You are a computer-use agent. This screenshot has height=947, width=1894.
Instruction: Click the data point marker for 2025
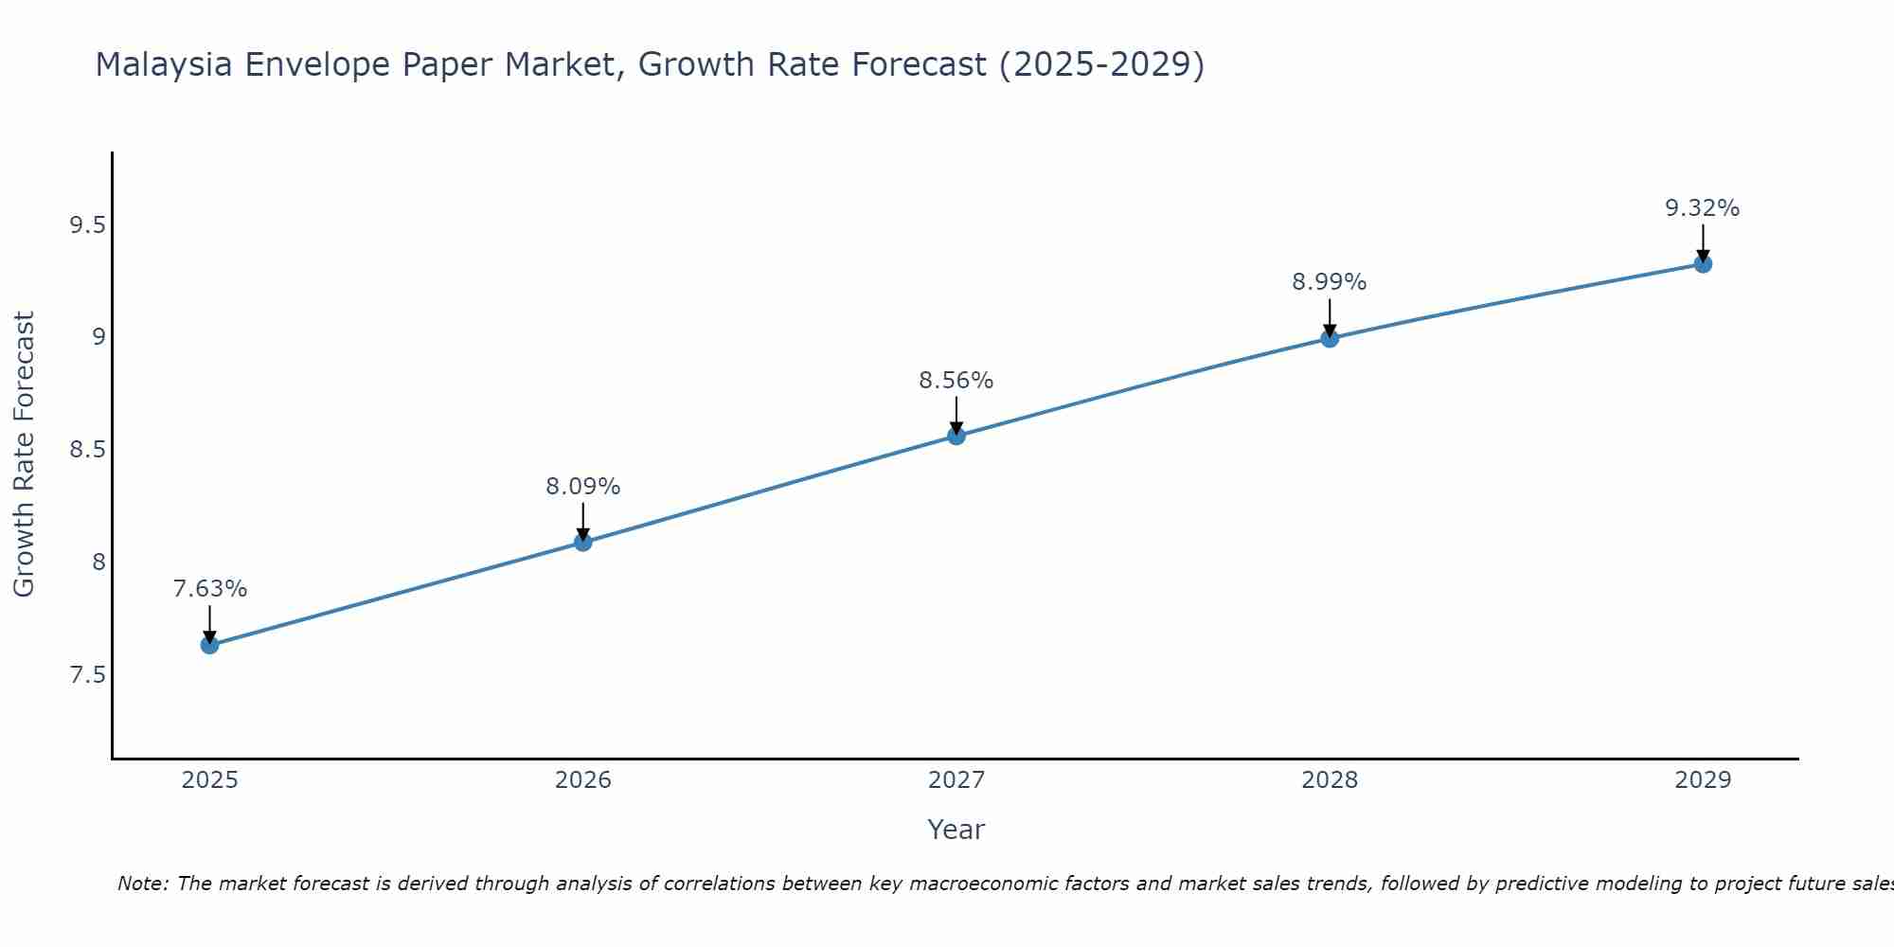click(x=209, y=645)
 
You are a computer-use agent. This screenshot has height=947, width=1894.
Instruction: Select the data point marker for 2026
click(x=583, y=542)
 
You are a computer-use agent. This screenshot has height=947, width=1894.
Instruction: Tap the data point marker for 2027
click(x=956, y=436)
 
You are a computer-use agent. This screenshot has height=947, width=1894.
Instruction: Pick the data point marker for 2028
click(x=1330, y=338)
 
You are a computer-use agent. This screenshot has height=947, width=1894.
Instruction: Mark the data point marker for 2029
click(x=1703, y=264)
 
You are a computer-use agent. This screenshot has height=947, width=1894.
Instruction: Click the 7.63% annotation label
click(x=209, y=589)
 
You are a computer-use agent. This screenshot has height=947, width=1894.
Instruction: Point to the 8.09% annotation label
click(x=583, y=487)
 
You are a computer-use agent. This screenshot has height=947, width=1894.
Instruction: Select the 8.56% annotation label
click(x=956, y=381)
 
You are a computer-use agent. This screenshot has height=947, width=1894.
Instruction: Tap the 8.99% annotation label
click(x=1330, y=282)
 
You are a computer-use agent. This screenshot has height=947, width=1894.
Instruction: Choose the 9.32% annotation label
click(x=1703, y=208)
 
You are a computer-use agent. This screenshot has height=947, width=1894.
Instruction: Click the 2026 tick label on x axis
click(x=583, y=780)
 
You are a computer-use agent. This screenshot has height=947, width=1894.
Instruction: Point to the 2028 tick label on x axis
click(x=1330, y=780)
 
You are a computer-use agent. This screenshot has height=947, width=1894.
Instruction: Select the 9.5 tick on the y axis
click(x=87, y=225)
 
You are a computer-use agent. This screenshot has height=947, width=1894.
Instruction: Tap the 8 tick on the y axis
click(x=98, y=563)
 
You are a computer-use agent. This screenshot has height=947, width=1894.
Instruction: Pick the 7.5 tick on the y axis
click(x=87, y=675)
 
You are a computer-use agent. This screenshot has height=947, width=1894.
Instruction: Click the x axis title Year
click(x=956, y=830)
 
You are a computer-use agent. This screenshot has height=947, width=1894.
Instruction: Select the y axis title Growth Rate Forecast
click(x=24, y=455)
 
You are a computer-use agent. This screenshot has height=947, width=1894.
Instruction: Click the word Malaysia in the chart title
click(x=164, y=64)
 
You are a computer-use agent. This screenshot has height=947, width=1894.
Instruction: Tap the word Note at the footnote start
click(x=142, y=884)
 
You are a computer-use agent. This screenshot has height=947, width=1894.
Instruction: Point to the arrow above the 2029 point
click(x=1703, y=243)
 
